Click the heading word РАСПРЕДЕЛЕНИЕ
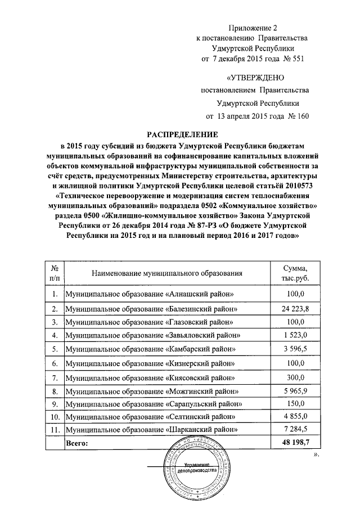click(182, 135)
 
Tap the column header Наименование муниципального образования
click(165, 273)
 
